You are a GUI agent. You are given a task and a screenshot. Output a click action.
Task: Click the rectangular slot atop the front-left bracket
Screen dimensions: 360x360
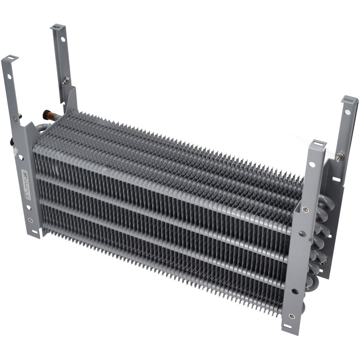pos(10,58)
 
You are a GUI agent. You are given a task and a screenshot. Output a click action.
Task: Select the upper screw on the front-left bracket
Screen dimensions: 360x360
pos(16,118)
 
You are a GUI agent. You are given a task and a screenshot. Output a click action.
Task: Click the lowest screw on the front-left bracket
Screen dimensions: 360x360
pos(30,220)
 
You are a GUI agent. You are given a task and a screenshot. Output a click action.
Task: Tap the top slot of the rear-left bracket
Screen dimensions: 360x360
pos(57,28)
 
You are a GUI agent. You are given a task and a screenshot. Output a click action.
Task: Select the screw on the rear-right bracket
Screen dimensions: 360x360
pos(340,156)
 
